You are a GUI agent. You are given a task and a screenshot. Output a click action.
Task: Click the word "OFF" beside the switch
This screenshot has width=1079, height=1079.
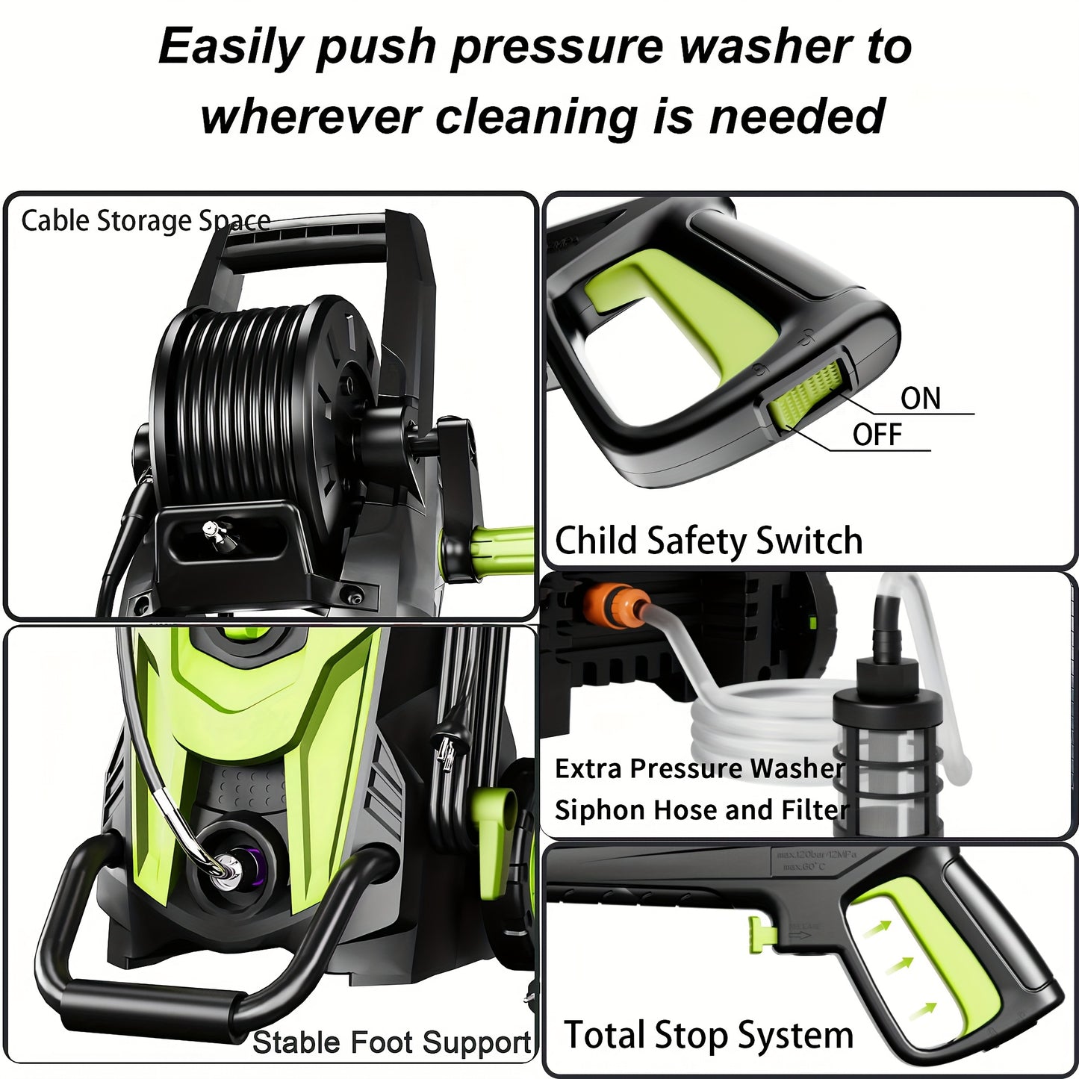[877, 435]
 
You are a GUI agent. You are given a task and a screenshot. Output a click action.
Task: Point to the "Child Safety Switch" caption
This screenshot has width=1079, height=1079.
[708, 541]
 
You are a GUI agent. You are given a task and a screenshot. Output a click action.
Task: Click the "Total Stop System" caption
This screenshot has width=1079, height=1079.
[708, 1036]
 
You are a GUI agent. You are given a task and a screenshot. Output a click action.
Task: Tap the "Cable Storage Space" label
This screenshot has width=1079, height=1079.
[146, 221]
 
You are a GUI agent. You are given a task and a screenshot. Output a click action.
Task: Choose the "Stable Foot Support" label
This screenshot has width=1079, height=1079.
[391, 1042]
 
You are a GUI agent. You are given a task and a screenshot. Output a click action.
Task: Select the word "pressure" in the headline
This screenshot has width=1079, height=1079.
[556, 46]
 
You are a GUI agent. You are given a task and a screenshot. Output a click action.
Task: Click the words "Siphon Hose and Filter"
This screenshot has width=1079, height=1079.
[701, 810]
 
